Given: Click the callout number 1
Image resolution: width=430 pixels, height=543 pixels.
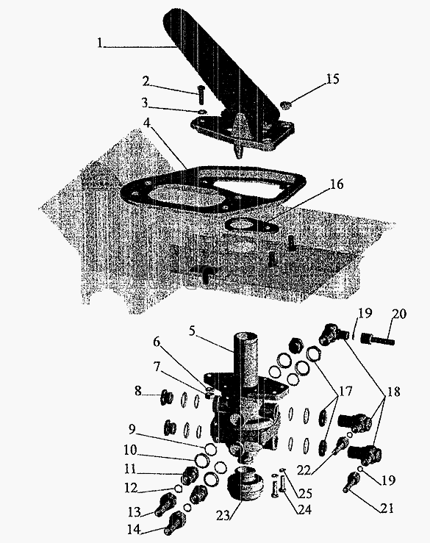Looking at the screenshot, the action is coord(100,43).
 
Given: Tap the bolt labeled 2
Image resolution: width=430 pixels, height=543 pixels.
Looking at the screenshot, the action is coord(201,94).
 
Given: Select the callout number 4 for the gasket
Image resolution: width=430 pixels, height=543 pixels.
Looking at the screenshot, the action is coord(148,123).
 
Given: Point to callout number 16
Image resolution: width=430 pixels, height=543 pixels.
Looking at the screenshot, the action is coord(337,184).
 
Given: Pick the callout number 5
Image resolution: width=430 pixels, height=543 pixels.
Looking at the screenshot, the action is coord(193,331).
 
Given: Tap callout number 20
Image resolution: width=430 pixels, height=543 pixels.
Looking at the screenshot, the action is coord(399,314).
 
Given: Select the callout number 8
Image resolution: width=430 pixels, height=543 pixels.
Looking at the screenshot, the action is coord(138,391).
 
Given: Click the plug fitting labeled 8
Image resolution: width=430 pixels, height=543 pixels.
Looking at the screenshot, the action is coord(167,397).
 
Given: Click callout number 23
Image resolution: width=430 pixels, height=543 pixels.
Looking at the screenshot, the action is coord(223,515).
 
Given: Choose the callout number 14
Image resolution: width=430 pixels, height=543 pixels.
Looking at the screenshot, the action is coord(133,530).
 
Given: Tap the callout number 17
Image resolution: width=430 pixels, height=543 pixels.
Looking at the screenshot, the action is coord(345,392).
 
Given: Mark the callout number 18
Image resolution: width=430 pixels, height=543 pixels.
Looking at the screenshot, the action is coord(393,392).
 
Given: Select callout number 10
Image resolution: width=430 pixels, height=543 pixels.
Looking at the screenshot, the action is coord(131,450).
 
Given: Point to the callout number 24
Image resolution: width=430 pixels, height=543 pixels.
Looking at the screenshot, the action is coord(304,509).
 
